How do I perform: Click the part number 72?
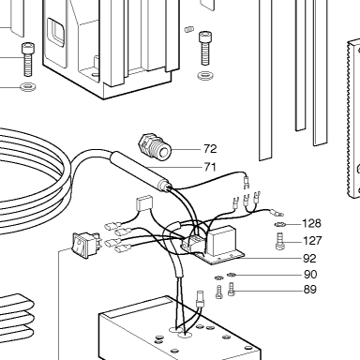[210, 149]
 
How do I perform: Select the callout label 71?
[210, 167]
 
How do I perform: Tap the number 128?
[311, 223]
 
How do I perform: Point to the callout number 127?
[312, 241]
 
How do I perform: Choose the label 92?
[309, 259]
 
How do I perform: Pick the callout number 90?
[310, 275]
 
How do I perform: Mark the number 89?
[310, 290]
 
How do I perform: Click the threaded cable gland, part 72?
[155, 146]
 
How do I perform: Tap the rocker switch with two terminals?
[86, 245]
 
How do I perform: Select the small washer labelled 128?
[280, 224]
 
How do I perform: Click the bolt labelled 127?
[280, 241]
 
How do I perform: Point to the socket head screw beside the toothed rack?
[204, 48]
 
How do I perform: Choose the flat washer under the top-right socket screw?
[205, 75]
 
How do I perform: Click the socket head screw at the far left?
[28, 59]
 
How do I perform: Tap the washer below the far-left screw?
[28, 87]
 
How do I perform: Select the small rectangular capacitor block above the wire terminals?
[144, 203]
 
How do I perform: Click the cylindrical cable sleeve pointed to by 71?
[141, 171]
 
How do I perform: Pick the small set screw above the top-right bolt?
[188, 29]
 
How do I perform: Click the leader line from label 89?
[268, 291]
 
